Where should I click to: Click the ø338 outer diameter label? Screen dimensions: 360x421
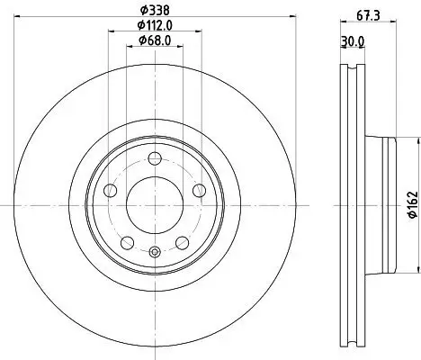pyautogui.click(x=155, y=13)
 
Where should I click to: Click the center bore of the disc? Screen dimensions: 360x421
pyautogui.click(x=154, y=206)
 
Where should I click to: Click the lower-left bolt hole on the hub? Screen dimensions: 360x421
pyautogui.click(x=127, y=242)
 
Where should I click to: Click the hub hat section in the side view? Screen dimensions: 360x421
pyautogui.click(x=381, y=206)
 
